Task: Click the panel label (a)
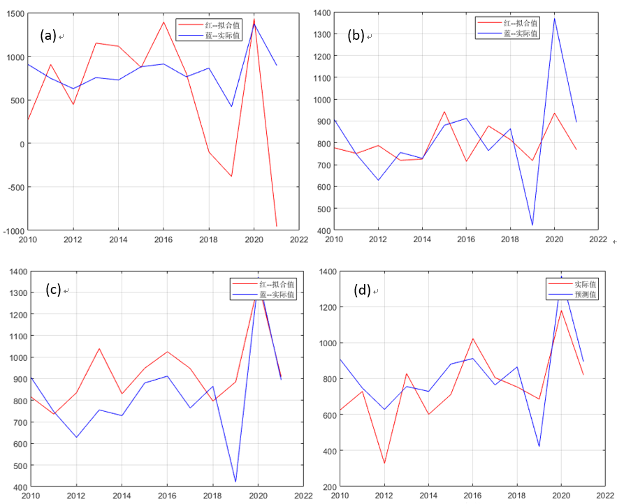tap(49, 36)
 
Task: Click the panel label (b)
tap(356, 36)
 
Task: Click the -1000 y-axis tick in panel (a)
tap(13, 230)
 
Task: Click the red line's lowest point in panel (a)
tap(277, 225)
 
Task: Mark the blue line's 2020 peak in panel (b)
tap(554, 19)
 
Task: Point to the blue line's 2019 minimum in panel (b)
tap(532, 225)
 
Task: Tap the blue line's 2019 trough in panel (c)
tap(235, 482)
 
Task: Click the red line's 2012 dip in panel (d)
tap(384, 463)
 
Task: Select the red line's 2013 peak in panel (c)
tap(99, 348)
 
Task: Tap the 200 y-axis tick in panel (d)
tap(326, 487)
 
